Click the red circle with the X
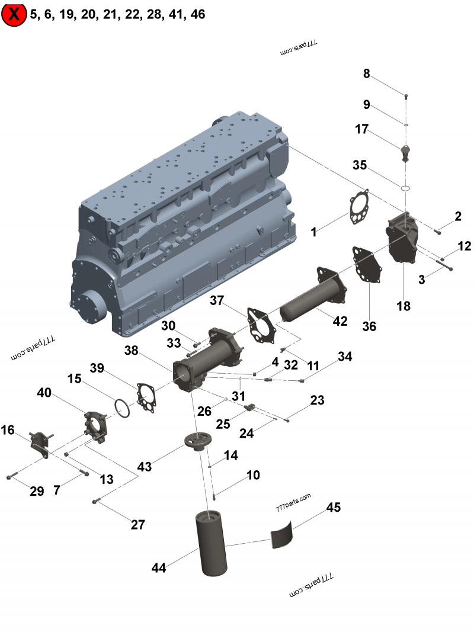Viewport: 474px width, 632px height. (x=14, y=15)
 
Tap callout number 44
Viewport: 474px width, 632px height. (x=159, y=568)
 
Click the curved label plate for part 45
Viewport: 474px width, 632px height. (x=282, y=531)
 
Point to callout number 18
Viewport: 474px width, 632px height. (x=403, y=306)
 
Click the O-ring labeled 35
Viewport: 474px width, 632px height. (x=405, y=188)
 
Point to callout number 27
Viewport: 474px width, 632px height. (x=138, y=524)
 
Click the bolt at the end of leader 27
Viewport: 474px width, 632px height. (x=96, y=502)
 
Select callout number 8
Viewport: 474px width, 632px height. (x=367, y=74)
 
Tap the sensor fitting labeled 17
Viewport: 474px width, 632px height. (x=405, y=152)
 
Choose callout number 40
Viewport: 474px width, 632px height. (x=44, y=393)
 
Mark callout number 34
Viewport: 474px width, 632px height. (x=345, y=357)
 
